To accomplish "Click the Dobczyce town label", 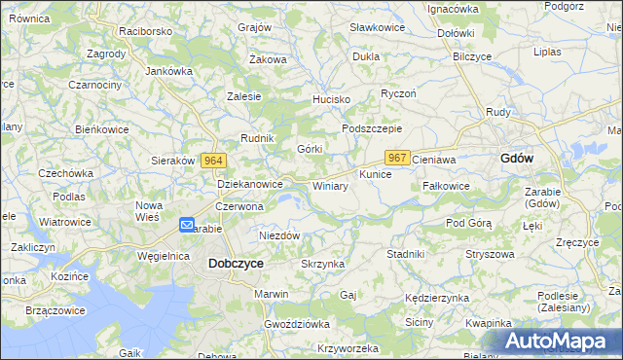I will pos(236,263).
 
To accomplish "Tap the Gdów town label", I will pos(516,158).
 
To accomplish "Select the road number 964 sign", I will pos(215,161).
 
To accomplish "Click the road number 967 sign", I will pos(396,158).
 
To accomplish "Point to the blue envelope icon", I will pos(187,225).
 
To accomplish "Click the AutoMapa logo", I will pos(556,341).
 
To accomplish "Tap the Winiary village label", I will pos(330,186).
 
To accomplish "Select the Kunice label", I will pos(375,174).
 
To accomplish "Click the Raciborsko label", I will pos(145,31).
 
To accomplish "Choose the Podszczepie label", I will pos(372,128).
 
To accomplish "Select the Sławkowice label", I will pos(377,27).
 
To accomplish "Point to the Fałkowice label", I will pos(446,186).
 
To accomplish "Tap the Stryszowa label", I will pos(489,254).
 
